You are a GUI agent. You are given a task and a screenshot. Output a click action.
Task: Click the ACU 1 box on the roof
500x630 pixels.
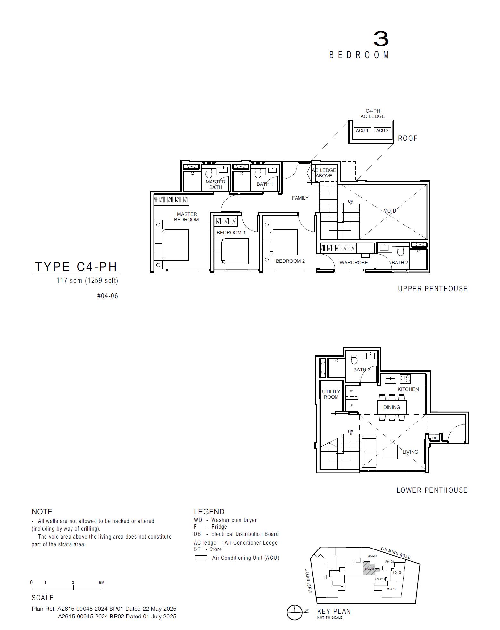[362, 130]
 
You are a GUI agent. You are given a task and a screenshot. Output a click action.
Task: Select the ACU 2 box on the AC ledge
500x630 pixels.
[382, 130]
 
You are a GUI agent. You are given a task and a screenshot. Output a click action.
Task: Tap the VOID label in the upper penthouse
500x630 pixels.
[390, 211]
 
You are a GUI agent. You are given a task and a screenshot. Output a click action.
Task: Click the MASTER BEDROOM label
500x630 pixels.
[187, 217]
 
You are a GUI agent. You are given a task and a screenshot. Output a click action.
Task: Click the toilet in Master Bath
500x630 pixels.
[209, 174]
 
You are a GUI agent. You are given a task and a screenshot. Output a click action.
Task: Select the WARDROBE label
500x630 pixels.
[354, 262]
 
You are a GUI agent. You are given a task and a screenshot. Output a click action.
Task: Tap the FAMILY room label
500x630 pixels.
[300, 198]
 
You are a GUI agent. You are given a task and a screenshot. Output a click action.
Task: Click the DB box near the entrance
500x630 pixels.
[435, 438]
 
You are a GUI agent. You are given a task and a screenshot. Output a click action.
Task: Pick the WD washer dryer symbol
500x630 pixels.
[351, 392]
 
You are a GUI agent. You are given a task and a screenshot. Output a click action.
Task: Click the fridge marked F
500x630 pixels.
[351, 406]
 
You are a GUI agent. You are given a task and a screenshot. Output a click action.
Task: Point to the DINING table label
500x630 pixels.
[392, 407]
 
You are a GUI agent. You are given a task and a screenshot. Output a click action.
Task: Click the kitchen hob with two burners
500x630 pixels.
[405, 379]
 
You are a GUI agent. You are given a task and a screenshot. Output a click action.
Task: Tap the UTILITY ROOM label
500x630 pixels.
[331, 394]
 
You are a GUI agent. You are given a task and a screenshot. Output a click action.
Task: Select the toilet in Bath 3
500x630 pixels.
[354, 360]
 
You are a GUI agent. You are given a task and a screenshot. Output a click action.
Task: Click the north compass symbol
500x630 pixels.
[295, 612]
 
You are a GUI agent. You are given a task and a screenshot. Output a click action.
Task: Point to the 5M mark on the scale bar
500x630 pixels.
[101, 583]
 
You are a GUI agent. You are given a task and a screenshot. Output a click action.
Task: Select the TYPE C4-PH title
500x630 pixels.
[76, 267]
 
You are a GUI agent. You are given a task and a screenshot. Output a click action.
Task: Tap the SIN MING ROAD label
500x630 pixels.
[395, 553]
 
